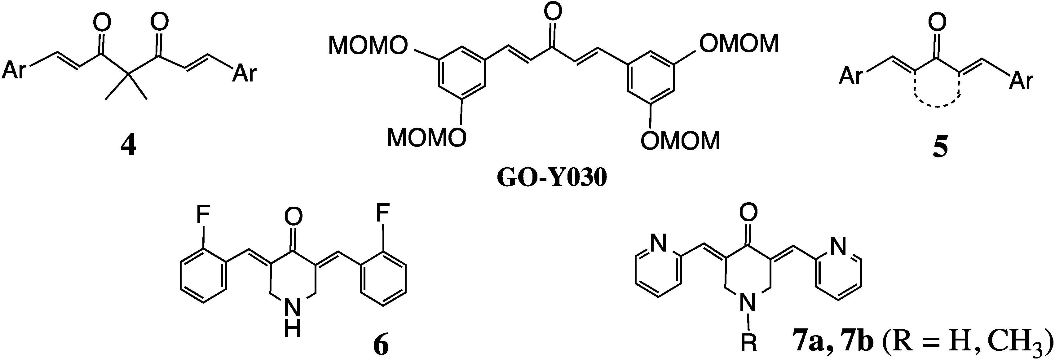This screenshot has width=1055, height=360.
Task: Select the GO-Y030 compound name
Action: pyautogui.click(x=551, y=179)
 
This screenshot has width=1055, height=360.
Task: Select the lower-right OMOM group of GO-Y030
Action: pyautogui.click(x=680, y=140)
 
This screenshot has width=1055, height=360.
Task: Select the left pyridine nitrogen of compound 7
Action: pyautogui.click(x=658, y=246)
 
